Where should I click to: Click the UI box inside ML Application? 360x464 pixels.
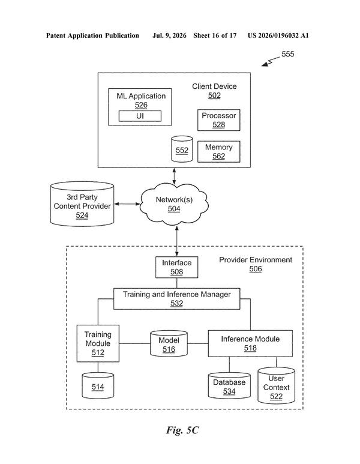[140, 116]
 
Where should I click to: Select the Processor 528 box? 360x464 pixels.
[218, 120]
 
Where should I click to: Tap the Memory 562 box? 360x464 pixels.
[218, 151]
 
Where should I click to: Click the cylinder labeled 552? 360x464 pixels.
[182, 149]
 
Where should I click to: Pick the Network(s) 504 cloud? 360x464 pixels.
[174, 204]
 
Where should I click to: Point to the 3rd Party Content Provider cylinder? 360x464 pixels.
[82, 204]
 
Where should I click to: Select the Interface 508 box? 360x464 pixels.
[176, 267]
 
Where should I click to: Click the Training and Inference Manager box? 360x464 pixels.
[176, 299]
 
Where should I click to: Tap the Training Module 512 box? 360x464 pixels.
[98, 343]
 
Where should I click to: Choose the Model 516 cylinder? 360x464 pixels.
[169, 343]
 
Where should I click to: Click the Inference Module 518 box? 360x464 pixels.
[250, 343]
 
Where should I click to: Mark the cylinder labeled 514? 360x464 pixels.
[98, 385]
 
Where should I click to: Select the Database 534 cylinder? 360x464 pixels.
[229, 385]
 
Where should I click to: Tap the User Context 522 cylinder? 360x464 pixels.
[276, 385]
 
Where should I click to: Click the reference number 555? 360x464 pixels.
[288, 54]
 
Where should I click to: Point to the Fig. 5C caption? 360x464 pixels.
[182, 430]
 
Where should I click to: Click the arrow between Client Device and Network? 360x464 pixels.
[174, 176]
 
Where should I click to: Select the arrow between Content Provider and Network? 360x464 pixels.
[127, 204]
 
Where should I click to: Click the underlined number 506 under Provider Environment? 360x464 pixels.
[256, 269]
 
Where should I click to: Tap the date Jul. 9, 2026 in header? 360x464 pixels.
[169, 35]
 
